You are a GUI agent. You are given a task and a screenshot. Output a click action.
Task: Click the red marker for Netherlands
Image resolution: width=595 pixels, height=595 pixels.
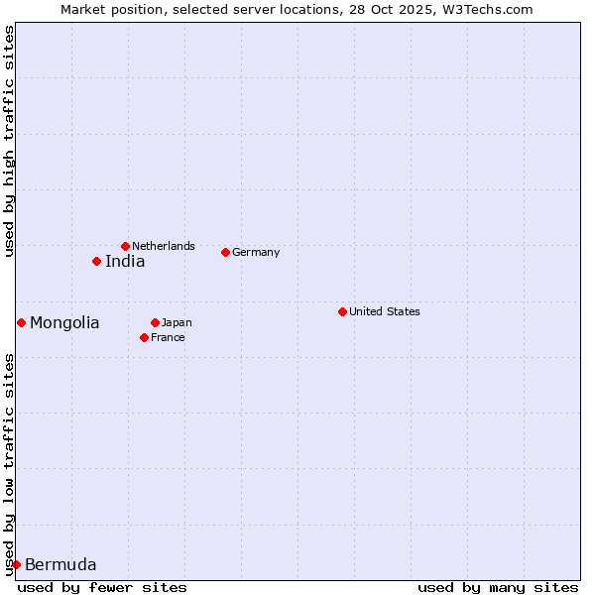tap(125, 246)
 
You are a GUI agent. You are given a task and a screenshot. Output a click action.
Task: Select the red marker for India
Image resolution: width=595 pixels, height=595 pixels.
tap(96, 261)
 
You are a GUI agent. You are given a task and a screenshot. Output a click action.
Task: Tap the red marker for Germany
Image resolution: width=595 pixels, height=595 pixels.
tap(225, 252)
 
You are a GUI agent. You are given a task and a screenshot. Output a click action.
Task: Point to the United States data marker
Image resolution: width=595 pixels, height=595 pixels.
tap(342, 311)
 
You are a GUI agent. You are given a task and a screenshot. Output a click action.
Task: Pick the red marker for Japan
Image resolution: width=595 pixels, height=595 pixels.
tap(155, 322)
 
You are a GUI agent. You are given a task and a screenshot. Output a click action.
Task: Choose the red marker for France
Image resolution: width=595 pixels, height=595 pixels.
tap(144, 337)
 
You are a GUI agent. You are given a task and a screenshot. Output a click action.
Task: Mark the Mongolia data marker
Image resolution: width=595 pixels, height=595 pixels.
tap(21, 322)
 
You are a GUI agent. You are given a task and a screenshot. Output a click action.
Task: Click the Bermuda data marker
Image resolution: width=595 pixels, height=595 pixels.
tap(16, 564)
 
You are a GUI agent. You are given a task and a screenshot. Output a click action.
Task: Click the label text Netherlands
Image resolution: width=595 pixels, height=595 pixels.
tap(164, 246)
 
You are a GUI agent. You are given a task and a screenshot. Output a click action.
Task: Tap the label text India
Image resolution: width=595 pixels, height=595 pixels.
tap(125, 262)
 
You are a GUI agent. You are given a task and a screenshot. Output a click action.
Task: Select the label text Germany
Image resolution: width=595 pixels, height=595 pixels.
tap(256, 252)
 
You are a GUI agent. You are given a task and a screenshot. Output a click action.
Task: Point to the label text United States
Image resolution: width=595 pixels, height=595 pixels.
tap(385, 311)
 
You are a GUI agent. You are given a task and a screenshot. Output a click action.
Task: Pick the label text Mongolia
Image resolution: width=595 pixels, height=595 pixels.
tap(64, 323)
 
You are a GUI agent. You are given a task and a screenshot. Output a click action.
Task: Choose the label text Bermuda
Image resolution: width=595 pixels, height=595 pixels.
tap(60, 565)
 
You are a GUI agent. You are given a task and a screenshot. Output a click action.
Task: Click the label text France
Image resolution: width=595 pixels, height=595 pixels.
tap(168, 337)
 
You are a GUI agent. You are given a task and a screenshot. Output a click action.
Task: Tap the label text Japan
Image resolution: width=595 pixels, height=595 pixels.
tap(177, 322)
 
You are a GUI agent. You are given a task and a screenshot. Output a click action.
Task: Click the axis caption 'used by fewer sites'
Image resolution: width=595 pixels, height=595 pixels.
tap(102, 587)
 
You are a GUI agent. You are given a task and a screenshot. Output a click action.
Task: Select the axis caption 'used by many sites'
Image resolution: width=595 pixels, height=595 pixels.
tap(498, 587)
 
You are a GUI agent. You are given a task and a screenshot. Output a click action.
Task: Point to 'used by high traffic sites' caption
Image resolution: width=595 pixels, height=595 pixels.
tap(9, 141)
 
